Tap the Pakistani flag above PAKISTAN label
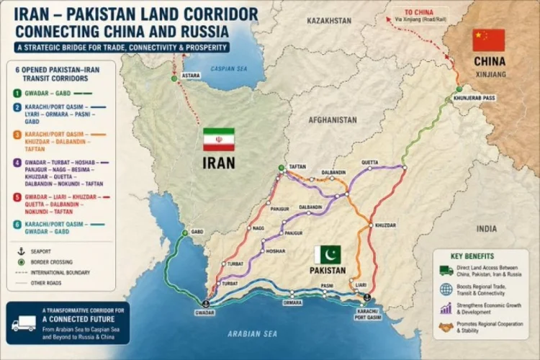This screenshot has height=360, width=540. pos(328,254)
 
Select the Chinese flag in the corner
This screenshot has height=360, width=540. pos(489,40)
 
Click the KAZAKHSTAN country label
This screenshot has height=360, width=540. pos(329,21)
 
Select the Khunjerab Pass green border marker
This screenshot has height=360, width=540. pos(458,90)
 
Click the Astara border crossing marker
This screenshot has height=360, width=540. pos(174,78)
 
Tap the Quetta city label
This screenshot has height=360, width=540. pos(369,162)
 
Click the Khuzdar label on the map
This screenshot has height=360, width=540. pos(385,225)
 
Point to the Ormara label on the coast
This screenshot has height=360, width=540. pos(292,302)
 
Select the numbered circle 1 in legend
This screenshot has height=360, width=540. pos(17,93)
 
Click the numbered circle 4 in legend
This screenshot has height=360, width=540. pos(17,163)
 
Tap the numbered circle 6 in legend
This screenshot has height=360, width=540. pos(17,224)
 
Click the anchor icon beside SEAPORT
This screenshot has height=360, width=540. pos(20,251)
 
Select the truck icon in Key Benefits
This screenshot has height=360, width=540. pos(446,271)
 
